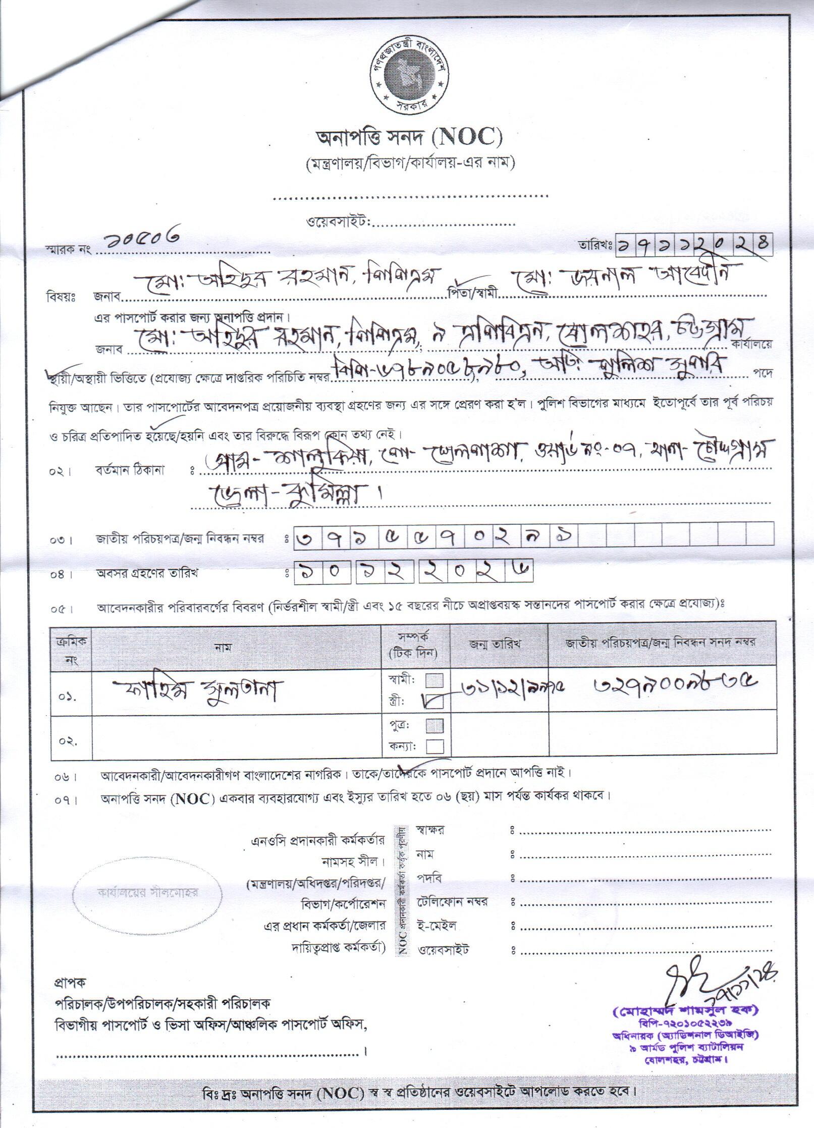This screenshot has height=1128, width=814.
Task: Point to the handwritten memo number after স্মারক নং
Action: pyautogui.click(x=140, y=243)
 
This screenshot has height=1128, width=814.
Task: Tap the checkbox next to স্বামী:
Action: pyautogui.click(x=435, y=681)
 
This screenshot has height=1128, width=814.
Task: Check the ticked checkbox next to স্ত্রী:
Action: pyautogui.click(x=435, y=701)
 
